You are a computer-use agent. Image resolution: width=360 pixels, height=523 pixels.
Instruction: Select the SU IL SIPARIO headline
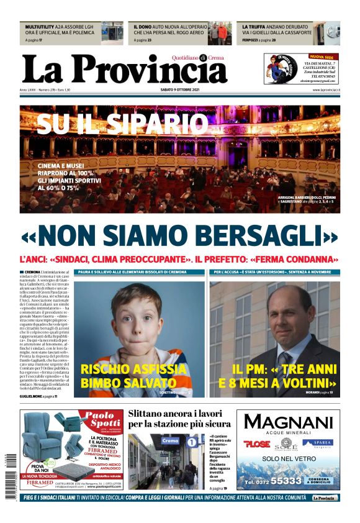click(x=122, y=123)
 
